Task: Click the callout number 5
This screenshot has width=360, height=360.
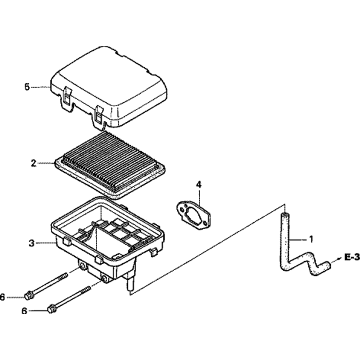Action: point(27,87)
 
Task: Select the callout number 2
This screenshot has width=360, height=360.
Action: point(33,163)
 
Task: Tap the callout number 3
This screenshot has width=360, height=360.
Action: point(32,243)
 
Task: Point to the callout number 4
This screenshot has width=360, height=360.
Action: point(199,185)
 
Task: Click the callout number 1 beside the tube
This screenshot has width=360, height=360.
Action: point(311,238)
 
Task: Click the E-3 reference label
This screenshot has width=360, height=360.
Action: point(351,257)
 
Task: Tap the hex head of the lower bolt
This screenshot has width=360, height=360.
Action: point(52,309)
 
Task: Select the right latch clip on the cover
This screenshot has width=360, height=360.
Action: point(98,116)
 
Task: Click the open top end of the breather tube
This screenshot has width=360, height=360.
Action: point(284,215)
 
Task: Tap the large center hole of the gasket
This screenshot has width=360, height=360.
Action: point(194,214)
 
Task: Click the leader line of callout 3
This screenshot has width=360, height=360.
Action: point(45,243)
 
